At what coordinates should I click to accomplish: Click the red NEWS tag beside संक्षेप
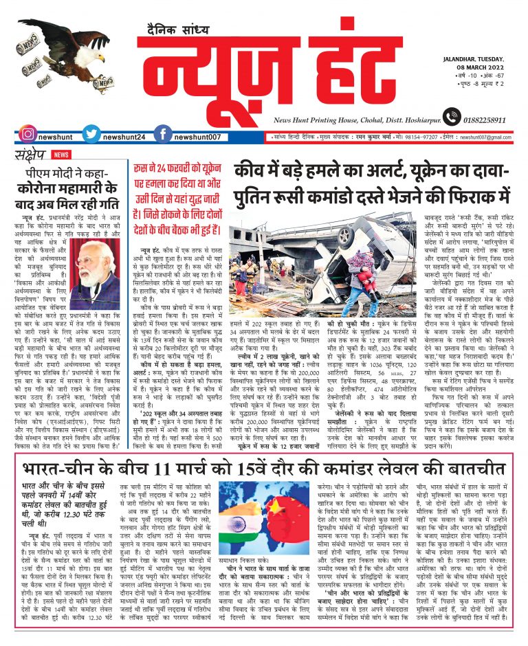tap(61, 155)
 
